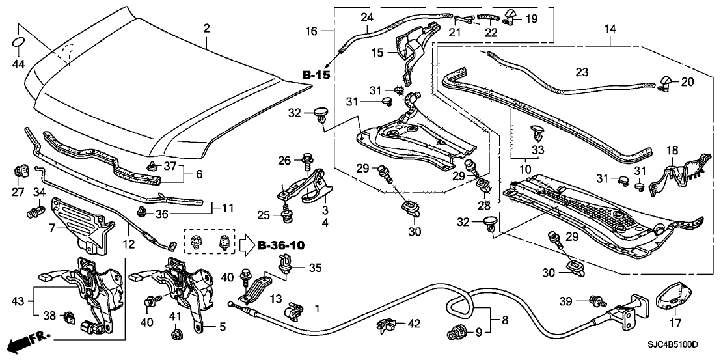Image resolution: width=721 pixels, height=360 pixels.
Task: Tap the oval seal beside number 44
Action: coord(20,42)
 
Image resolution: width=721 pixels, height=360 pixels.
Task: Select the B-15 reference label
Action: coord(316,76)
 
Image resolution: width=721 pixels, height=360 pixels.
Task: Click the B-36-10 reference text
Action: coord(282,245)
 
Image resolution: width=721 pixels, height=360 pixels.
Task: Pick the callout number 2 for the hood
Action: coord(206,28)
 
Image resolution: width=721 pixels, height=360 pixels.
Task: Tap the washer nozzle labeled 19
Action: coord(510,15)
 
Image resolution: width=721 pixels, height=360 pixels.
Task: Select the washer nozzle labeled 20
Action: coord(666,81)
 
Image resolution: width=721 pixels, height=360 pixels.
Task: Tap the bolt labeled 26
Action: coord(307,158)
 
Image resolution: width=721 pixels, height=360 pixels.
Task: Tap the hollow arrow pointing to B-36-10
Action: coord(243,245)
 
